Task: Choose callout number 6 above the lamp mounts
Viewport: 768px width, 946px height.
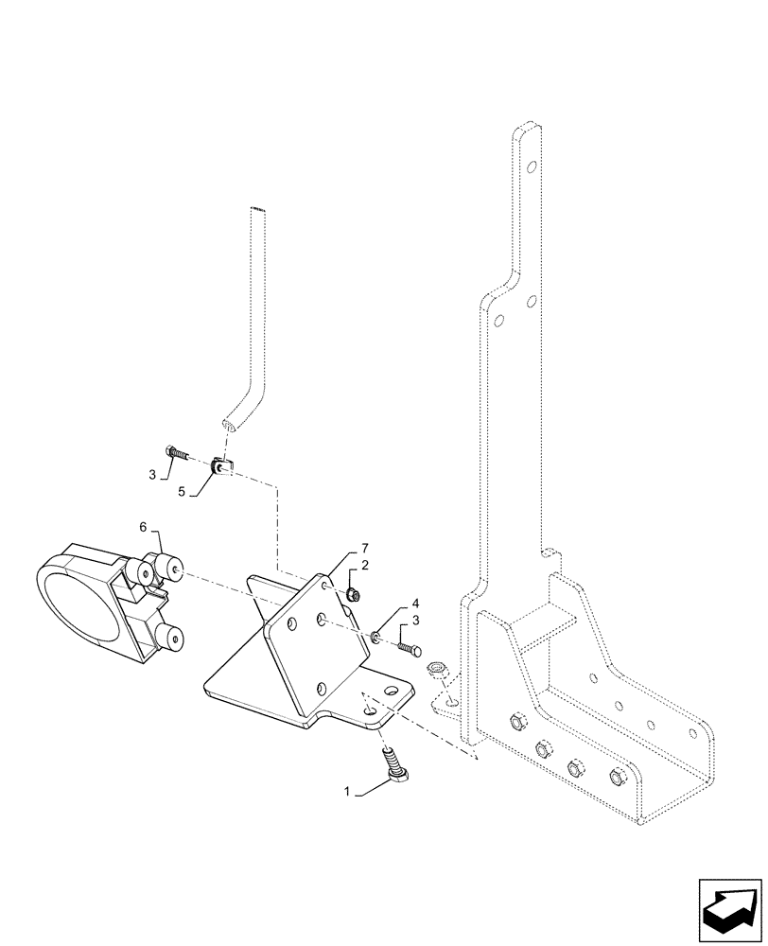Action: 144,526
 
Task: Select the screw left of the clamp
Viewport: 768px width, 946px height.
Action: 175,452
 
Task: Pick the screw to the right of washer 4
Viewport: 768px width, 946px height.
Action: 409,647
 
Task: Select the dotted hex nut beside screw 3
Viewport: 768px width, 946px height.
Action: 437,668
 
